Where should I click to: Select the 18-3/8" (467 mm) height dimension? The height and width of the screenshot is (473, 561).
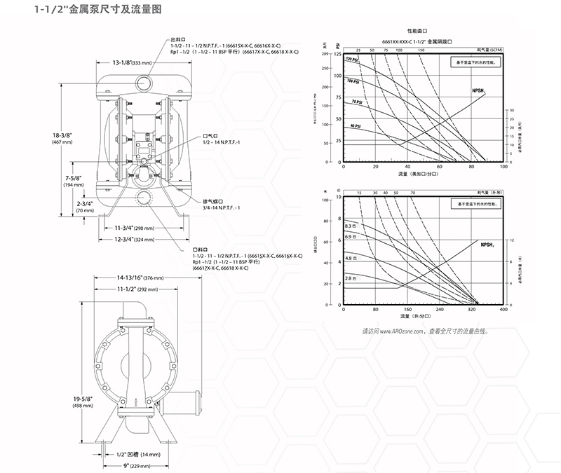pyautogui.click(x=53, y=137)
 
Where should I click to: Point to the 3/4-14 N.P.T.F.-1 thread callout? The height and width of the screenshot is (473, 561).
pyautogui.click(x=222, y=207)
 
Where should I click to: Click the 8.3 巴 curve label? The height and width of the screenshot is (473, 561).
pyautogui.click(x=351, y=226)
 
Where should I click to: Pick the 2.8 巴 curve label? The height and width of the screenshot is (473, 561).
pyautogui.click(x=351, y=279)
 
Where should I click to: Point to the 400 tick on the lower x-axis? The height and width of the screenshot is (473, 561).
pyautogui.click(x=503, y=309)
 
